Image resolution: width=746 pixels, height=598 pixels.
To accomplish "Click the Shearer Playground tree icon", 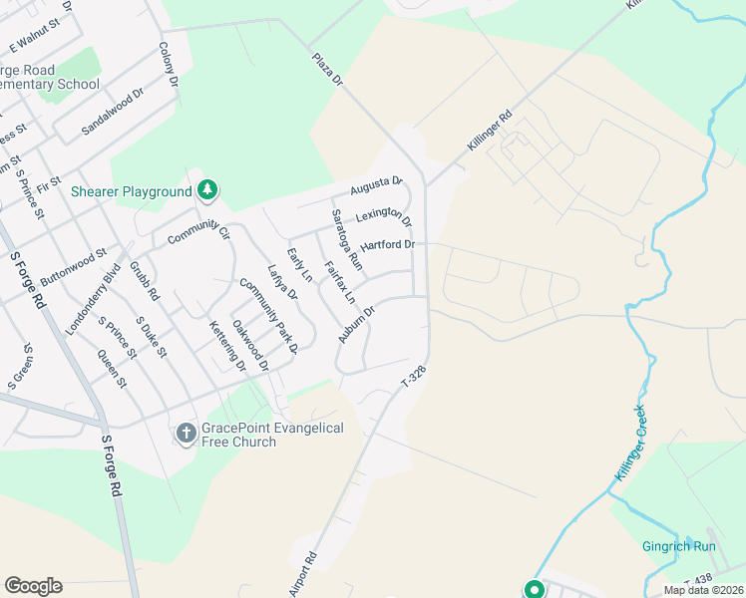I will tap(207, 189).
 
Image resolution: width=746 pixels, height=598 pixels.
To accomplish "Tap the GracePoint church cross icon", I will tap(186, 434).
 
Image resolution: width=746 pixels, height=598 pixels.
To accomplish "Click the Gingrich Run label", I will tap(678, 546).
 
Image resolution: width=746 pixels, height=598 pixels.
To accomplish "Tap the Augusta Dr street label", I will tap(376, 185).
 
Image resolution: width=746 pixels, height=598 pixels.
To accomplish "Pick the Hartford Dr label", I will tap(387, 244).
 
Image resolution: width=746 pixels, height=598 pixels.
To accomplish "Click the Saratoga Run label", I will tap(347, 240).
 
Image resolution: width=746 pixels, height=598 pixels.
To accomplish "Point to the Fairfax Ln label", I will tap(339, 282).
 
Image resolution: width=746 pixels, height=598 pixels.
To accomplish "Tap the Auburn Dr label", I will tap(355, 325).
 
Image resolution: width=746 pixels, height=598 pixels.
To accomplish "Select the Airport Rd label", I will tap(302, 575).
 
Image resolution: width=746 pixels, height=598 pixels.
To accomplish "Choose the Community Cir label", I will tap(198, 234).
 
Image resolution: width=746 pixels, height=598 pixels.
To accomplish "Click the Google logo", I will tap(33, 586).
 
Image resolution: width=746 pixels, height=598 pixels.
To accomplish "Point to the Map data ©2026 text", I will tap(704, 590).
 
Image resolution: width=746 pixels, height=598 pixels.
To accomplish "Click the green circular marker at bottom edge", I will tap(534, 589).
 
